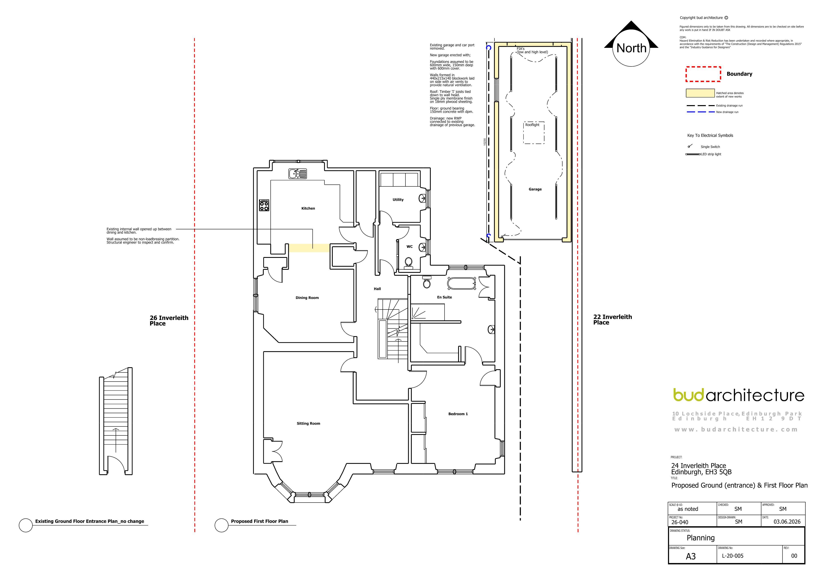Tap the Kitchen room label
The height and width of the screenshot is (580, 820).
308,208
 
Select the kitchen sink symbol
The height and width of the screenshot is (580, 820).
297,174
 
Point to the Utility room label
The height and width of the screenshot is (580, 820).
398,200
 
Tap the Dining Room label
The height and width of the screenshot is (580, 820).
307,298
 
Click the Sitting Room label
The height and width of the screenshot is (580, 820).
308,423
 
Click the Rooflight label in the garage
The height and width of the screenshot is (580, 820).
532,125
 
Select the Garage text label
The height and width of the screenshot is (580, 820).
535,189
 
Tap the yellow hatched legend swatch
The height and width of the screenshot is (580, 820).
700,93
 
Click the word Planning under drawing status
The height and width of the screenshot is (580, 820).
701,538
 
